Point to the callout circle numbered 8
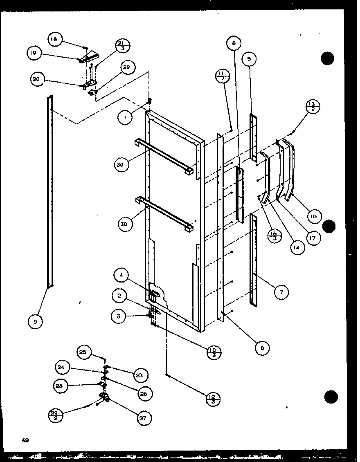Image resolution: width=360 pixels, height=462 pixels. pyautogui.click(x=261, y=348)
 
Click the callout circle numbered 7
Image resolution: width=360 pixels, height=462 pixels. pyautogui.click(x=281, y=292)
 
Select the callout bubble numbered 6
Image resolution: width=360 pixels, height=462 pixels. pyautogui.click(x=234, y=43)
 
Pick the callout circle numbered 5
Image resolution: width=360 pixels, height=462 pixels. pyautogui.click(x=249, y=59)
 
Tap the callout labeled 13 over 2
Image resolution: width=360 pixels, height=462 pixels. pyautogui.click(x=313, y=107)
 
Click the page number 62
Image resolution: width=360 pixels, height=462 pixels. pyautogui.click(x=26, y=440)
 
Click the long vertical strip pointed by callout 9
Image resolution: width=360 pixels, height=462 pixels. pyautogui.click(x=50, y=192)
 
